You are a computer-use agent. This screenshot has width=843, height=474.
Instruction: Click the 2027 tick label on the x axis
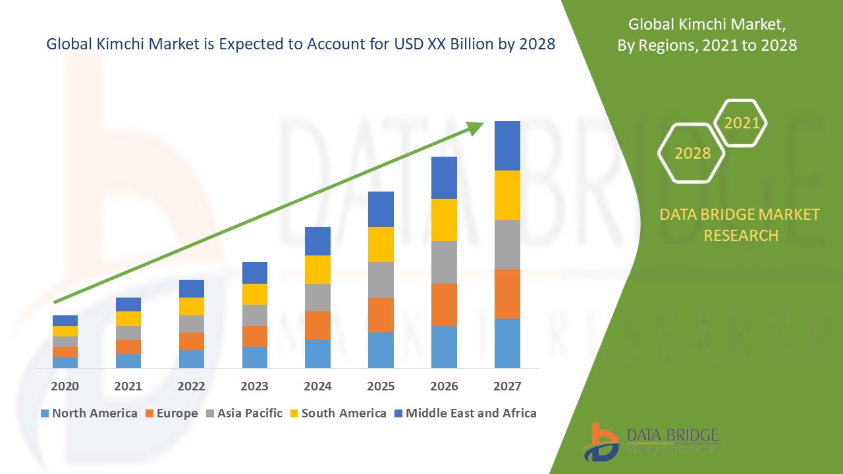507,386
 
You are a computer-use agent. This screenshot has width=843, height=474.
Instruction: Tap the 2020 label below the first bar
65,386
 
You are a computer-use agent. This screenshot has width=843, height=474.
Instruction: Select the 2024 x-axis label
317,386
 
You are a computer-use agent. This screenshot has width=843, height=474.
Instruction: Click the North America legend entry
89,413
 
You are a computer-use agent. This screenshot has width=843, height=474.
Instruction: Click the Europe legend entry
171,413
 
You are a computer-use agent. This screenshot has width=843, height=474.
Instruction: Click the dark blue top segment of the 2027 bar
507,145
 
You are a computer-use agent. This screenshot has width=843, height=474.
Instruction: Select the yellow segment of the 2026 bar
444,219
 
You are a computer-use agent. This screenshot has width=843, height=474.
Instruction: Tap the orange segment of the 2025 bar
381,315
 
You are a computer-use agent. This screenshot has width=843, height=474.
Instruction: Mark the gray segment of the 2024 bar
317,298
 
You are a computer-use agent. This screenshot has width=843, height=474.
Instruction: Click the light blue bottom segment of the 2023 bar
254,357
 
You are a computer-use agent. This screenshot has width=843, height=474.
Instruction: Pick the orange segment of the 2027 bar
507,294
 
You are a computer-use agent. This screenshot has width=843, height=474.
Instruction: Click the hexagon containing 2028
692,153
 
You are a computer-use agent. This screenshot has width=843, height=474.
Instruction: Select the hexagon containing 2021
741,123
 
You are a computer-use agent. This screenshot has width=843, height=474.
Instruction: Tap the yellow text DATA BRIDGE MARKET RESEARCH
740,224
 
